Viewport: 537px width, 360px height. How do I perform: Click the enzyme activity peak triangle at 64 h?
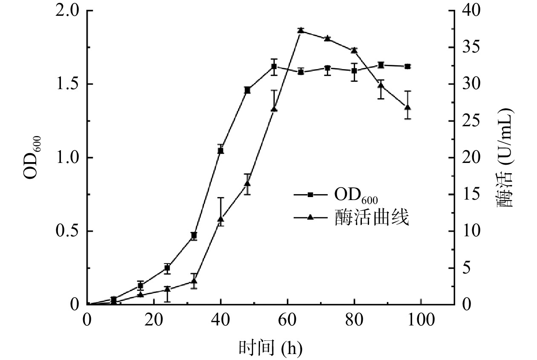click(x=300, y=30)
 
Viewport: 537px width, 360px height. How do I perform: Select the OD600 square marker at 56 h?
click(x=274, y=67)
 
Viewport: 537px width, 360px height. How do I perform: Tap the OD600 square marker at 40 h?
click(x=221, y=150)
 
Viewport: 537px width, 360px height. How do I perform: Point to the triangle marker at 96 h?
click(x=408, y=107)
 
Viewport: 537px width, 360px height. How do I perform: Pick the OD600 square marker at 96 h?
click(x=408, y=66)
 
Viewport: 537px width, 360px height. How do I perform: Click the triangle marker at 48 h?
click(x=247, y=184)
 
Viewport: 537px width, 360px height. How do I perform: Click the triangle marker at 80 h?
click(x=354, y=50)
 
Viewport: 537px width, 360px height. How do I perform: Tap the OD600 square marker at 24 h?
click(x=167, y=268)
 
